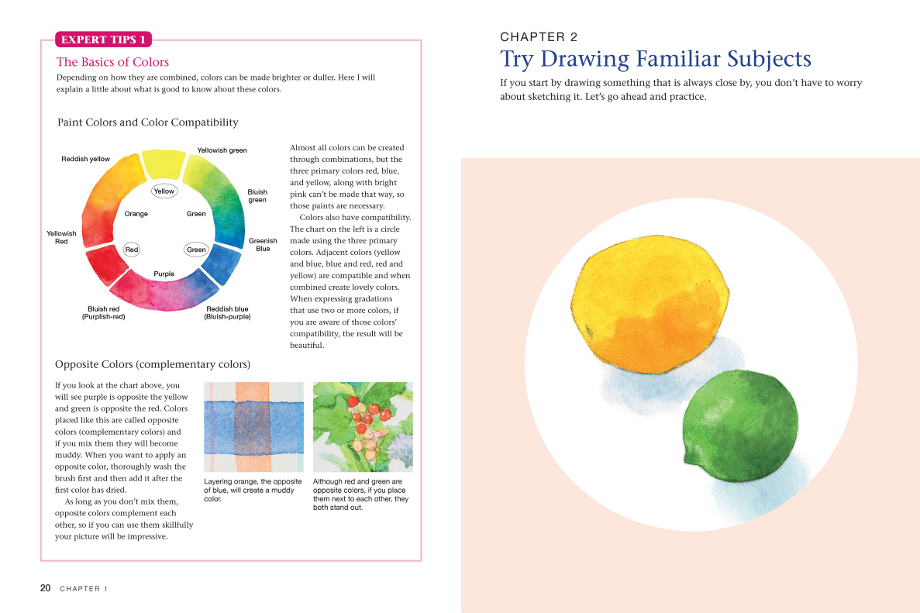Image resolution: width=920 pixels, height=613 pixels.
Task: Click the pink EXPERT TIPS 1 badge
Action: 103,40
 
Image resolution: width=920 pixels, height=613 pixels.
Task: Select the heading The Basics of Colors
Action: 112,62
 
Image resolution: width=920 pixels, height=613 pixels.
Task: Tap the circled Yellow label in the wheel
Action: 164,191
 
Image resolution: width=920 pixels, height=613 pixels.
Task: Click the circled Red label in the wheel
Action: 132,250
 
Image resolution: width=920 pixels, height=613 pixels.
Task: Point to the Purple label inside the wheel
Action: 164,274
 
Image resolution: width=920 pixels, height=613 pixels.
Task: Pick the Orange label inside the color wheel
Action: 136,214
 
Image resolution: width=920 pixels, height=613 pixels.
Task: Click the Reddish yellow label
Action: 85,159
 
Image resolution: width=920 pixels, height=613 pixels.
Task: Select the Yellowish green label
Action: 222,150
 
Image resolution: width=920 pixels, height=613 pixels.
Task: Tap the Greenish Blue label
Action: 263,245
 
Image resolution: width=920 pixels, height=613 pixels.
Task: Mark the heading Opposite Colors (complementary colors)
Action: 153,364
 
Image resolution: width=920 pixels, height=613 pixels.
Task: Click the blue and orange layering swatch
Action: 253,426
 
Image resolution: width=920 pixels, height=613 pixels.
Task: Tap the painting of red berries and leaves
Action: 363,426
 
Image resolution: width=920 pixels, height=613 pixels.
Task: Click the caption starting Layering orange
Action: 253,491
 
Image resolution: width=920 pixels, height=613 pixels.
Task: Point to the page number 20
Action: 46,588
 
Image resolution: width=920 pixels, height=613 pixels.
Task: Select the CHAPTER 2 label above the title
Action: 539,36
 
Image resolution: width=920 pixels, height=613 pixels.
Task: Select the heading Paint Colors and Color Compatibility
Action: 147,122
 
